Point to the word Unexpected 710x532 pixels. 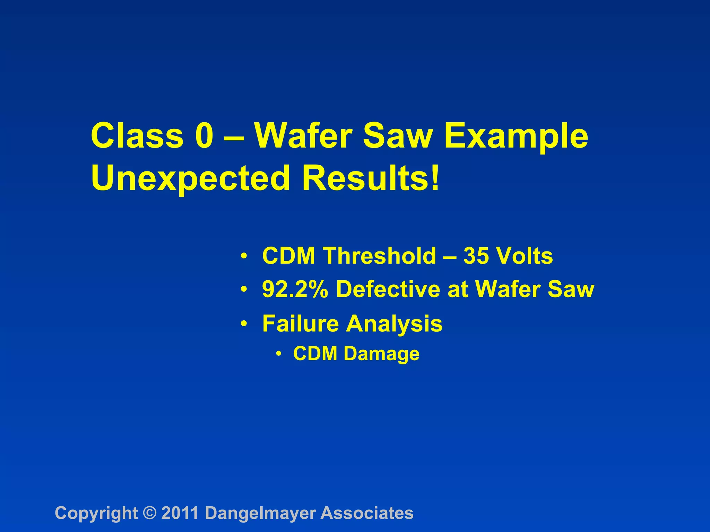pos(190,178)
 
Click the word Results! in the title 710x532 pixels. pos(371,178)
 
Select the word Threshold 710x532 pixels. pos(380,256)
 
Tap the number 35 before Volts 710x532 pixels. pos(474,256)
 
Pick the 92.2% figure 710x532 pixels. pos(295,289)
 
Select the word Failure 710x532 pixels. pos(300,323)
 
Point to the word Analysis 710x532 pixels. pos(394,323)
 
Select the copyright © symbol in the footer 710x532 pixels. pos(149,513)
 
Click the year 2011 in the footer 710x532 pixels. pos(180,513)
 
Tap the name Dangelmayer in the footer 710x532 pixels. pos(260,513)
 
